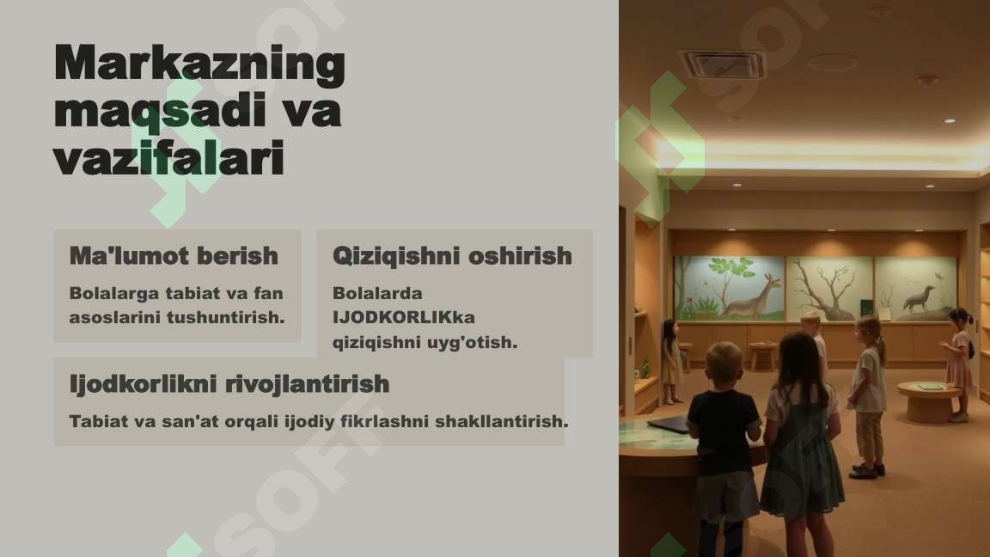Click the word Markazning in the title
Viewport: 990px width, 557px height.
click(x=199, y=64)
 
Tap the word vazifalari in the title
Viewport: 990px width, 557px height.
click(x=168, y=160)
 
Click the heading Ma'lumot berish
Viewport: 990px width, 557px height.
click(x=174, y=255)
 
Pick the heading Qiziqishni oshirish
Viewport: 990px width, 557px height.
click(x=452, y=255)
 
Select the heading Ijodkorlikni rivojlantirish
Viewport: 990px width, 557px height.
click(x=229, y=383)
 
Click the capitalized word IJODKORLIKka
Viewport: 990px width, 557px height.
click(x=404, y=317)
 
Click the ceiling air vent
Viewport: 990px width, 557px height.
click(x=722, y=64)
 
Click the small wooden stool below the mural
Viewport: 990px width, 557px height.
click(x=761, y=353)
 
